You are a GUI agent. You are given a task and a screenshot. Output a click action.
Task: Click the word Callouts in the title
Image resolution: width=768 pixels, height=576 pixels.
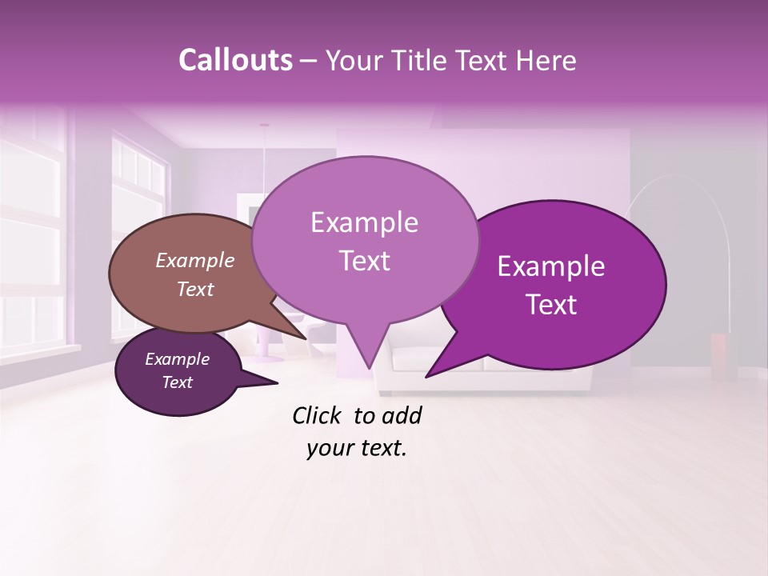[x=235, y=60]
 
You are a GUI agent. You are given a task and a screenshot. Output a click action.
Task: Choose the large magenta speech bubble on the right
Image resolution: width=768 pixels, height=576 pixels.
[x=560, y=285]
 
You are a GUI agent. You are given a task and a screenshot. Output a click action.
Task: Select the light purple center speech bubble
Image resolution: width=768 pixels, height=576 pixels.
[x=364, y=240]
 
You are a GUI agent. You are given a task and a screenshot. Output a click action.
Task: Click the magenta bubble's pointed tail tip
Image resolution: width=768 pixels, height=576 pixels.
[x=427, y=376]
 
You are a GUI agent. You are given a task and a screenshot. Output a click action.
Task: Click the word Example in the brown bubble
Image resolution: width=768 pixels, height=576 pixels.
[x=194, y=261]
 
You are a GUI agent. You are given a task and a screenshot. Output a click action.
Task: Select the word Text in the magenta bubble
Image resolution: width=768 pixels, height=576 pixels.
[x=552, y=305]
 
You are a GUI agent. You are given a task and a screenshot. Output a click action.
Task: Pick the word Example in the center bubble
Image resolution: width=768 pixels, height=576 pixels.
[x=364, y=222]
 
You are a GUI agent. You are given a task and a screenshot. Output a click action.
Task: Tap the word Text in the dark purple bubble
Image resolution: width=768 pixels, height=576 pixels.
[x=177, y=382]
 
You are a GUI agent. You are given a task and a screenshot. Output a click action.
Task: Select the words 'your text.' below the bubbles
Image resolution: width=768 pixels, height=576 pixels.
[x=357, y=448]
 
